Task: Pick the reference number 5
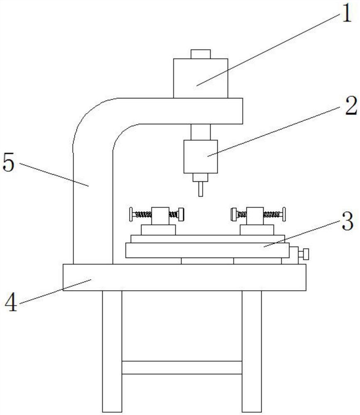tap(9, 163)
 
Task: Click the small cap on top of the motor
tap(201, 54)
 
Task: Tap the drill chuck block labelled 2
tap(201, 156)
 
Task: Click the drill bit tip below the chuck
tap(201, 190)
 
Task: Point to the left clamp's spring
tap(144, 215)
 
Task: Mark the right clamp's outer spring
tap(272, 215)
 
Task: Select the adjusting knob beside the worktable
tap(305, 253)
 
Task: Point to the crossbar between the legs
tap(182, 367)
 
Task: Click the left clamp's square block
tap(158, 215)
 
